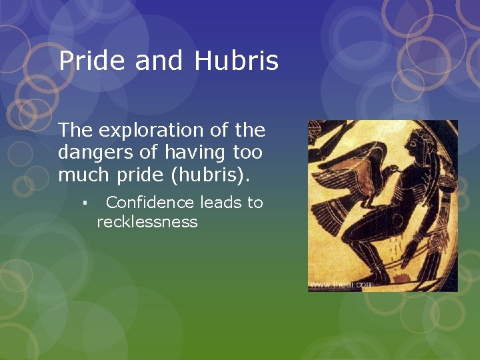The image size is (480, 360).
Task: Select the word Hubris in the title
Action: pyautogui.click(x=237, y=61)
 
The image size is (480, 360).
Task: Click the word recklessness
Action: pyautogui.click(x=147, y=222)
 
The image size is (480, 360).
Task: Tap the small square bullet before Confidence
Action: pyautogui.click(x=87, y=203)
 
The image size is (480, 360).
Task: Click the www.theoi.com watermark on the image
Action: pyautogui.click(x=341, y=285)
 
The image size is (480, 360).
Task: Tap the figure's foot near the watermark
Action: pyautogui.click(x=380, y=277)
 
